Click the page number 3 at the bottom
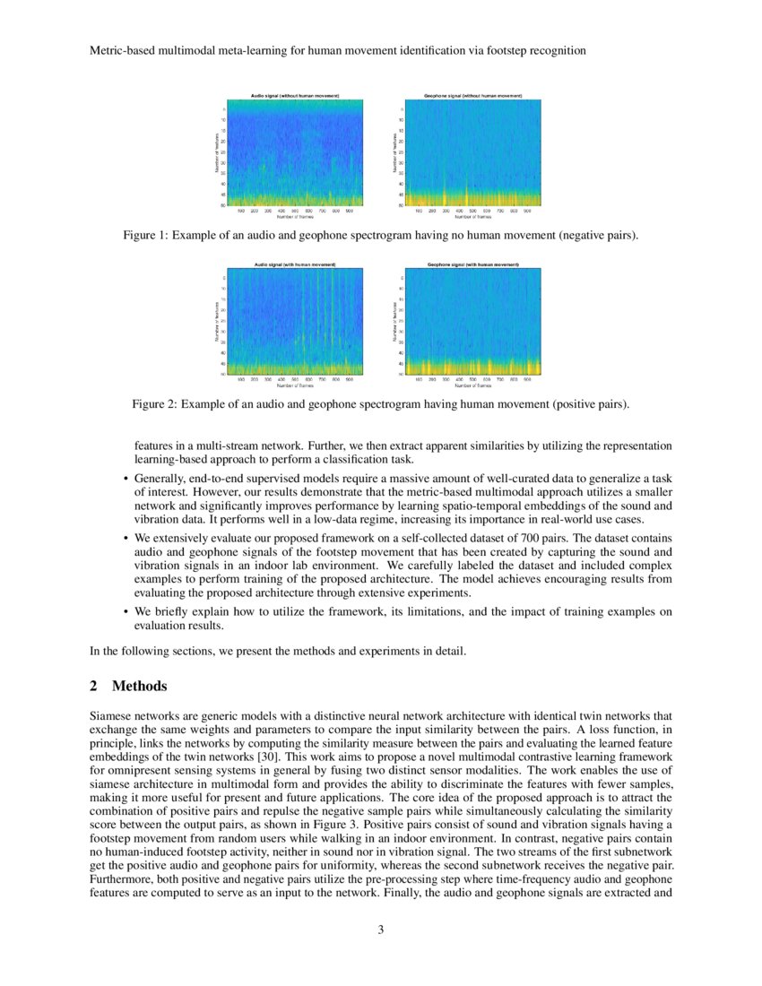tap(381, 929)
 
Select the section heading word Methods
tap(139, 687)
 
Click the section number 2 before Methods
tap(94, 687)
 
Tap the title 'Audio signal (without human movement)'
tap(294, 95)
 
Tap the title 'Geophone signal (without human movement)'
tap(472, 95)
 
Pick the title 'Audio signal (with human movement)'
tap(294, 264)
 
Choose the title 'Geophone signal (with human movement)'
tap(472, 264)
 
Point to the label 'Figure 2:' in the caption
tap(155, 404)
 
